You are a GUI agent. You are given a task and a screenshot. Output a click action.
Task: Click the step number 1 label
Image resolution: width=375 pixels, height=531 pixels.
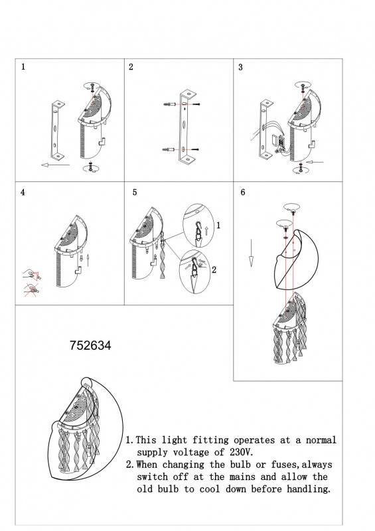click(x=24, y=68)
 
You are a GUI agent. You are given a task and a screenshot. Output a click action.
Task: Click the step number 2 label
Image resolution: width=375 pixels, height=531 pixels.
click(x=131, y=68)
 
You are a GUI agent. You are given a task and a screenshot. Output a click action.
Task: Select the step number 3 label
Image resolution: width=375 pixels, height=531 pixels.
click(x=240, y=68)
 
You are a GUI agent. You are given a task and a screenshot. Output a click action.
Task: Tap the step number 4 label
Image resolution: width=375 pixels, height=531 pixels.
click(x=24, y=192)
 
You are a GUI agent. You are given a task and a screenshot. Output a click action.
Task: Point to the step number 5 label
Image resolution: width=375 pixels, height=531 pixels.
click(x=135, y=192)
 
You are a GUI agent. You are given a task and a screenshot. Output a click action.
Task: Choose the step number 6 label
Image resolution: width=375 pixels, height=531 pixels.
click(x=243, y=192)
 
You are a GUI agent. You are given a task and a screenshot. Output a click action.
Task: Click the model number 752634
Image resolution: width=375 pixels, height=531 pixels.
click(x=90, y=346)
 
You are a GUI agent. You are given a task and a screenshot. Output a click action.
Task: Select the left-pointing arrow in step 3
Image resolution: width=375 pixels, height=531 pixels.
click(x=316, y=161)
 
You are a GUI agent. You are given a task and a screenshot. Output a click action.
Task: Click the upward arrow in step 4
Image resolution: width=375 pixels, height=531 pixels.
click(x=88, y=257)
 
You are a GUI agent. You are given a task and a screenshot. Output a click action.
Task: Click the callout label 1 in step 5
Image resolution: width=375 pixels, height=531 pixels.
click(x=218, y=226)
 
